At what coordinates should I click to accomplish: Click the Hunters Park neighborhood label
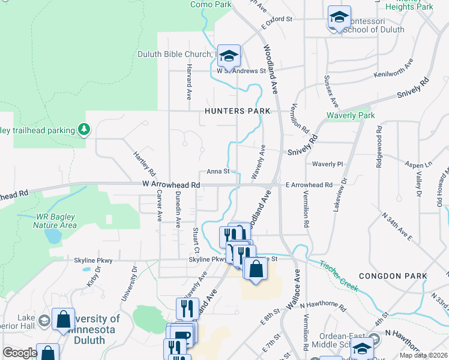click(237, 111)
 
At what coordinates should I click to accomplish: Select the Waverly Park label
click(351, 115)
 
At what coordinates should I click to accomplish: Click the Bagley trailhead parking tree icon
click(85, 130)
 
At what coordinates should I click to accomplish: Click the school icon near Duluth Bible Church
click(229, 56)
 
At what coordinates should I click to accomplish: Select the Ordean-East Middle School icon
click(362, 349)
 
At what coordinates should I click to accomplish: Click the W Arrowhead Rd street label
click(171, 185)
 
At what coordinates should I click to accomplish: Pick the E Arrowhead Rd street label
click(309, 185)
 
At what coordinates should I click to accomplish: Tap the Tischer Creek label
click(339, 275)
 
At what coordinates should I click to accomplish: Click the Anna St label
click(218, 172)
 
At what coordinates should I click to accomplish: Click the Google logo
click(20, 353)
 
